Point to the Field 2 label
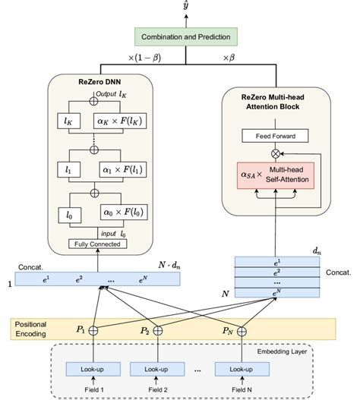click(x=157, y=390)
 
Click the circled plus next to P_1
click(x=93, y=331)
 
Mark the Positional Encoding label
click(x=32, y=329)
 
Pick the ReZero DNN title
click(x=99, y=81)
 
